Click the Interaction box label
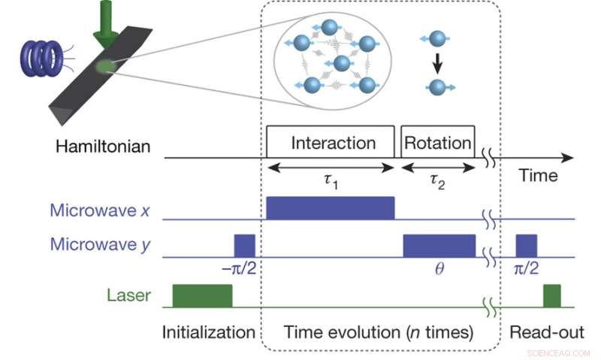coord(333,143)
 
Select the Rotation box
coord(438,143)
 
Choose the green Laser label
coord(131,296)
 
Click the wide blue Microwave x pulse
coord(331,208)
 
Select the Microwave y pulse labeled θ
coord(439,246)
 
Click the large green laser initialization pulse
coord(202,295)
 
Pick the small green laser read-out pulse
coord(552,295)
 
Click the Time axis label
coord(539,176)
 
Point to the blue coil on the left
coord(45,57)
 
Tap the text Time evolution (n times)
coord(378,333)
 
